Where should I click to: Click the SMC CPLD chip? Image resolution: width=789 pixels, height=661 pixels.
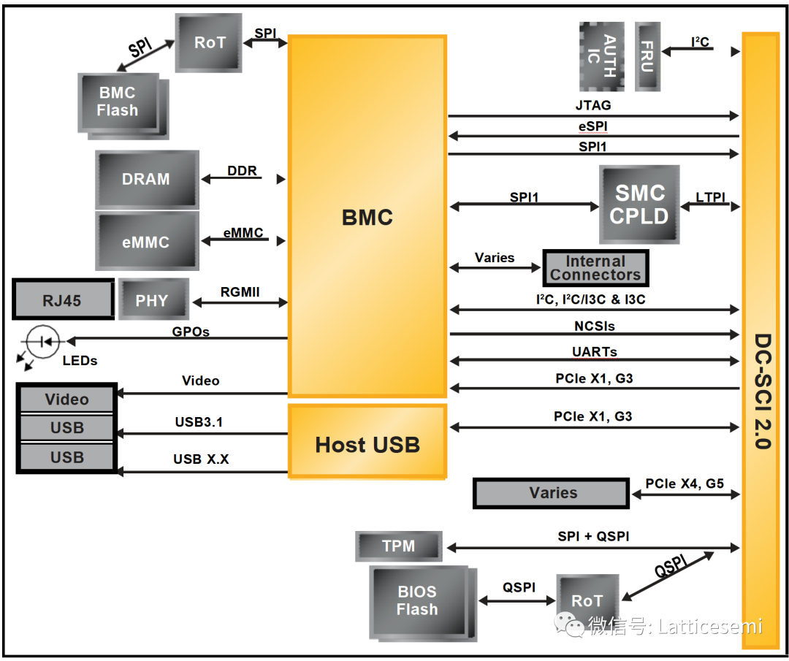point(639,205)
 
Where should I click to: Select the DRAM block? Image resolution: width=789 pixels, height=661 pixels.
point(147,179)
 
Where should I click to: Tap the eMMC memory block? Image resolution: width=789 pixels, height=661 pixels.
point(147,242)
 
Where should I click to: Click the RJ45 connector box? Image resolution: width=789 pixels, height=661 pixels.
point(63,299)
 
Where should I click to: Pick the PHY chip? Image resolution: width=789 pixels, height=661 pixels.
point(153,299)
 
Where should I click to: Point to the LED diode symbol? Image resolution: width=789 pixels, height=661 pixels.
point(43,340)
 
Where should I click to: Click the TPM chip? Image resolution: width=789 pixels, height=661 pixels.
point(399,546)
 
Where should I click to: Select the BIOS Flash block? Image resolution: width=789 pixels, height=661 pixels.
point(418,600)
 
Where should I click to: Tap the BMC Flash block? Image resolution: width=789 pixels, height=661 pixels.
point(118,102)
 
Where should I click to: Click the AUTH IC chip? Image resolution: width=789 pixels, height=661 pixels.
point(602,56)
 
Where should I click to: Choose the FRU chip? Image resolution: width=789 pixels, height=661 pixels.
point(647,56)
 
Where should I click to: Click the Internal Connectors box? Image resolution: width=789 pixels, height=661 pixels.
point(595,268)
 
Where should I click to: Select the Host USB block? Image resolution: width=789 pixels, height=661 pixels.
point(367,444)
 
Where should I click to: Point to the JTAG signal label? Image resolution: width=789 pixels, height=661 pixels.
point(592,105)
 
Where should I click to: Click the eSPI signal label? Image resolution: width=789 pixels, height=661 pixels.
point(592,126)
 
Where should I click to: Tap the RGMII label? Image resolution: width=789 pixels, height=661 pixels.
point(240,293)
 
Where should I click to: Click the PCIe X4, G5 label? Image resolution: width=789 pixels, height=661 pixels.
point(685,484)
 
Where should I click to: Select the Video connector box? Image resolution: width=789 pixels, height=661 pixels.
point(66,400)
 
